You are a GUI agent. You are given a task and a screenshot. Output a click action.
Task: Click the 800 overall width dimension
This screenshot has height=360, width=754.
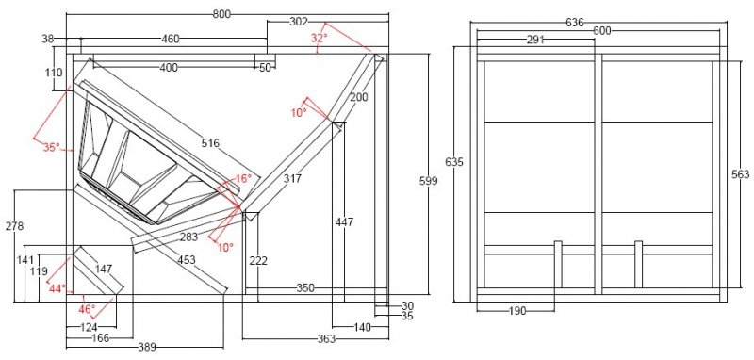pos(221,14)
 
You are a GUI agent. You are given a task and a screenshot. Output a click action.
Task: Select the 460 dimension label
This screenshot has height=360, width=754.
pos(170,39)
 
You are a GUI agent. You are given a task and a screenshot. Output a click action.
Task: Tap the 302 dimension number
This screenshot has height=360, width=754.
pos(299,22)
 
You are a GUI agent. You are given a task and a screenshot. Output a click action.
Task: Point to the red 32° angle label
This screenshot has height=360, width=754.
pos(319,39)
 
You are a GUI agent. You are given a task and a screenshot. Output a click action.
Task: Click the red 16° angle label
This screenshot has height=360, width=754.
pos(243,179)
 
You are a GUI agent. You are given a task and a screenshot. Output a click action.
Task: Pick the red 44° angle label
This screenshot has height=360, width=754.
pos(57,289)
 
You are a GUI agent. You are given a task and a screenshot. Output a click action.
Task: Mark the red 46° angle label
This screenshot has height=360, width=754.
pos(87,309)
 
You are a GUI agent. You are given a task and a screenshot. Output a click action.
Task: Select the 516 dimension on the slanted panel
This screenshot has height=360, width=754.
pos(210,142)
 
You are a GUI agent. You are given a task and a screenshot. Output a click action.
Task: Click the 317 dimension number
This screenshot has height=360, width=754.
pos(292,178)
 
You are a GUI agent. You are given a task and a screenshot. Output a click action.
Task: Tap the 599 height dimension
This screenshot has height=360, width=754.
pos(429,181)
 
